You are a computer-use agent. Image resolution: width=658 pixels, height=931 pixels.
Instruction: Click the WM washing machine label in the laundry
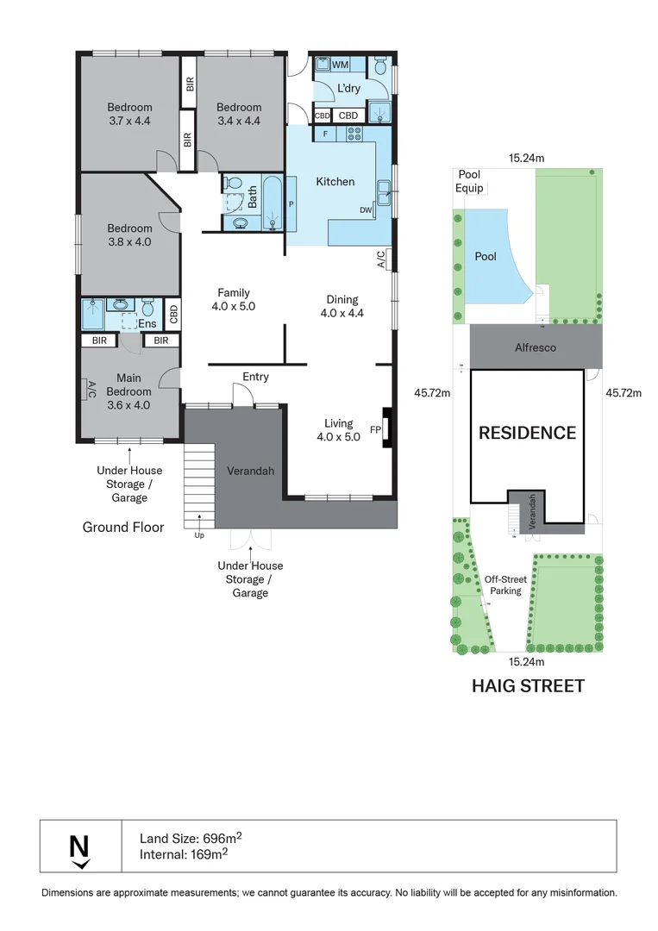(341, 65)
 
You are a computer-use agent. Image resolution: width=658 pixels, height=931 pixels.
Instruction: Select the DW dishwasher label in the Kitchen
(366, 210)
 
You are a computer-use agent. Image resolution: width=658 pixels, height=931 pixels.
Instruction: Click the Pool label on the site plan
(486, 257)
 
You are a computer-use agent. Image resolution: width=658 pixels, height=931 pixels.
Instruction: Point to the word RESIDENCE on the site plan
(528, 433)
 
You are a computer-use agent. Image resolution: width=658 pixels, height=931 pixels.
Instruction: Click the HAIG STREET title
(528, 686)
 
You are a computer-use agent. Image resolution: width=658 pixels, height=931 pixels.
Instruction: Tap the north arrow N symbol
(79, 851)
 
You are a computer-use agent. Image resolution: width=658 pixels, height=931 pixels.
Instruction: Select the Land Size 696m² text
(191, 838)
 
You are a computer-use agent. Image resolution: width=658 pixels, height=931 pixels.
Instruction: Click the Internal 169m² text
(184, 854)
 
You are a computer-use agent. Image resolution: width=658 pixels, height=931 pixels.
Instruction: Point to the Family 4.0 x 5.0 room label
(234, 299)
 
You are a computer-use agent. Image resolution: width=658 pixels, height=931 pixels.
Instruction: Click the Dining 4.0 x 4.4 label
(342, 306)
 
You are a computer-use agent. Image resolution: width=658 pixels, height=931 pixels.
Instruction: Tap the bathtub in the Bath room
(273, 203)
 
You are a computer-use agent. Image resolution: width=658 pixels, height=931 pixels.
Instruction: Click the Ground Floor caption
(123, 528)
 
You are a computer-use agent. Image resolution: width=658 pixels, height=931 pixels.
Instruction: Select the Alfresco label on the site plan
(535, 348)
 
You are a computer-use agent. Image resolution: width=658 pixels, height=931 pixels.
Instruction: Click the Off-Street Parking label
(505, 584)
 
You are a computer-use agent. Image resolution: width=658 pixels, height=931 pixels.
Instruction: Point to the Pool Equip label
(469, 181)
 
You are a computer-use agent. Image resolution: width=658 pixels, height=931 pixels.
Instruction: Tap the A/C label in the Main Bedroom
(91, 391)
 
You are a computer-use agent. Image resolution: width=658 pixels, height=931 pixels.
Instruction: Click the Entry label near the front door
(255, 377)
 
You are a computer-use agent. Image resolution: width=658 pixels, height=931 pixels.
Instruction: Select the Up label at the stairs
(199, 535)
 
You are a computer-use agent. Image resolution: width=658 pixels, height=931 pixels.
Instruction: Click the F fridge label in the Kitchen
(325, 134)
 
